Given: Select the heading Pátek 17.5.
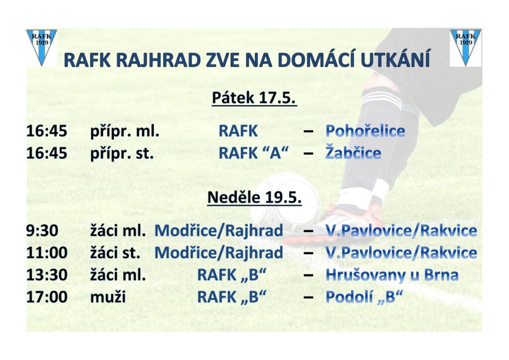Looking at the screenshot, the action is point(254,98).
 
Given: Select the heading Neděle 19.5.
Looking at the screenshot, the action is point(254,197).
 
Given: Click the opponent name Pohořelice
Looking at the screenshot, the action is point(365,131).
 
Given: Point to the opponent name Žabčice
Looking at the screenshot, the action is point(353,153).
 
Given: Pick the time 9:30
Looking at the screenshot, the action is point(42,231).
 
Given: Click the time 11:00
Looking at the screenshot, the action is point(47,253).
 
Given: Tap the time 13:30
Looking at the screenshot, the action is point(47,275).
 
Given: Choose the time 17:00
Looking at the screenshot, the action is point(47,297).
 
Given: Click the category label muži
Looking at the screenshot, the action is point(108,297).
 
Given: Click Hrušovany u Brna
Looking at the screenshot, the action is point(392,275).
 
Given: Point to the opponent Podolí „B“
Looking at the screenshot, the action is point(364,297).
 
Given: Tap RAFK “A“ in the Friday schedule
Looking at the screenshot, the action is point(254,153).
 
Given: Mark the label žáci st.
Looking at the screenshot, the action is point(115,252).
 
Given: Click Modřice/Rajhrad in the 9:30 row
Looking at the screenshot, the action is point(219,231).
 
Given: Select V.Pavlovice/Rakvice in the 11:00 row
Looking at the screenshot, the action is point(401,253).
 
